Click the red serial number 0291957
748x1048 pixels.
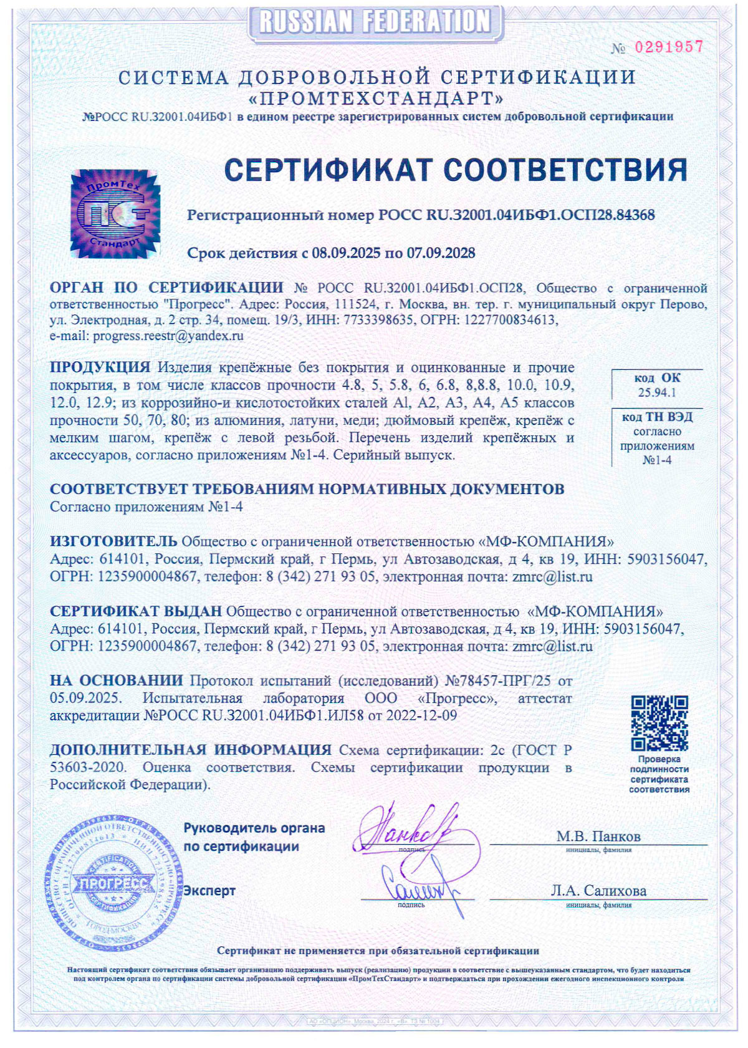click(x=668, y=47)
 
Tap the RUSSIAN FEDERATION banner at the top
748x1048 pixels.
click(x=375, y=22)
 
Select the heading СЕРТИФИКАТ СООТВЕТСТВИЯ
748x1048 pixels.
click(x=455, y=170)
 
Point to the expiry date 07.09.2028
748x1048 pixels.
click(x=441, y=253)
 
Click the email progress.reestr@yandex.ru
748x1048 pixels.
click(x=168, y=336)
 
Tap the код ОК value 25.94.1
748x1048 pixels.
click(x=657, y=392)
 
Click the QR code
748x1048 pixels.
click(x=659, y=723)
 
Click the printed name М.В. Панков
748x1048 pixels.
click(x=598, y=837)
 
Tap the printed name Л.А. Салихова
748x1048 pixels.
click(x=598, y=891)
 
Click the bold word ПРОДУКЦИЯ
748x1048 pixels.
click(x=100, y=367)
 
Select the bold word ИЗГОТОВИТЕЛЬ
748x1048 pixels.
click(x=113, y=541)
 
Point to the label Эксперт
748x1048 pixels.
click(x=209, y=891)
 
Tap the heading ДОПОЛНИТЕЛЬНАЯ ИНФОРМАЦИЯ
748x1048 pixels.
click(x=190, y=750)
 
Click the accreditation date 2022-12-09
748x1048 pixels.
click(x=421, y=716)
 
